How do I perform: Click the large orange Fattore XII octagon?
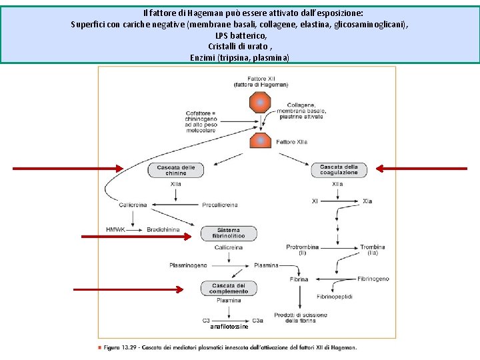tap(260, 103)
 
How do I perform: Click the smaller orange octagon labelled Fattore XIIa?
tap(260, 141)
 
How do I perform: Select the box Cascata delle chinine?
tap(176, 170)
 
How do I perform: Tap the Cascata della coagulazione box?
tap(339, 170)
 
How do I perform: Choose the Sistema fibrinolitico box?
tap(229, 233)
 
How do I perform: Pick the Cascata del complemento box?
tap(229, 288)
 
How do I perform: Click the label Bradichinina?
tap(163, 229)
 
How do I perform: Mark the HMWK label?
tap(115, 229)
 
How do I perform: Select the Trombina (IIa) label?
tap(372, 250)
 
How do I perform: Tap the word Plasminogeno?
tap(188, 265)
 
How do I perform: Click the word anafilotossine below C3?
tap(229, 327)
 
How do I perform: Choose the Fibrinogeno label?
tap(373, 279)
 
